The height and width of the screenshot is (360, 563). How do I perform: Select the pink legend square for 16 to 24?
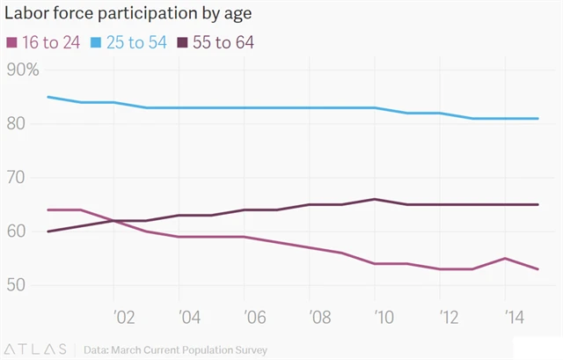(11, 42)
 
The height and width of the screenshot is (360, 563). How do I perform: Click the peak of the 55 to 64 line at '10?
(376, 199)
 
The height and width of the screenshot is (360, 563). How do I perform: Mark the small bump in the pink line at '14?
(506, 258)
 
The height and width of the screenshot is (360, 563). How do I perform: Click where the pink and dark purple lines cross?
(113, 220)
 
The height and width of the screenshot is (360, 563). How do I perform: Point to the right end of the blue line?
(538, 118)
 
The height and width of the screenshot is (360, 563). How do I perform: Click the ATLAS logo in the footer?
(36, 349)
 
